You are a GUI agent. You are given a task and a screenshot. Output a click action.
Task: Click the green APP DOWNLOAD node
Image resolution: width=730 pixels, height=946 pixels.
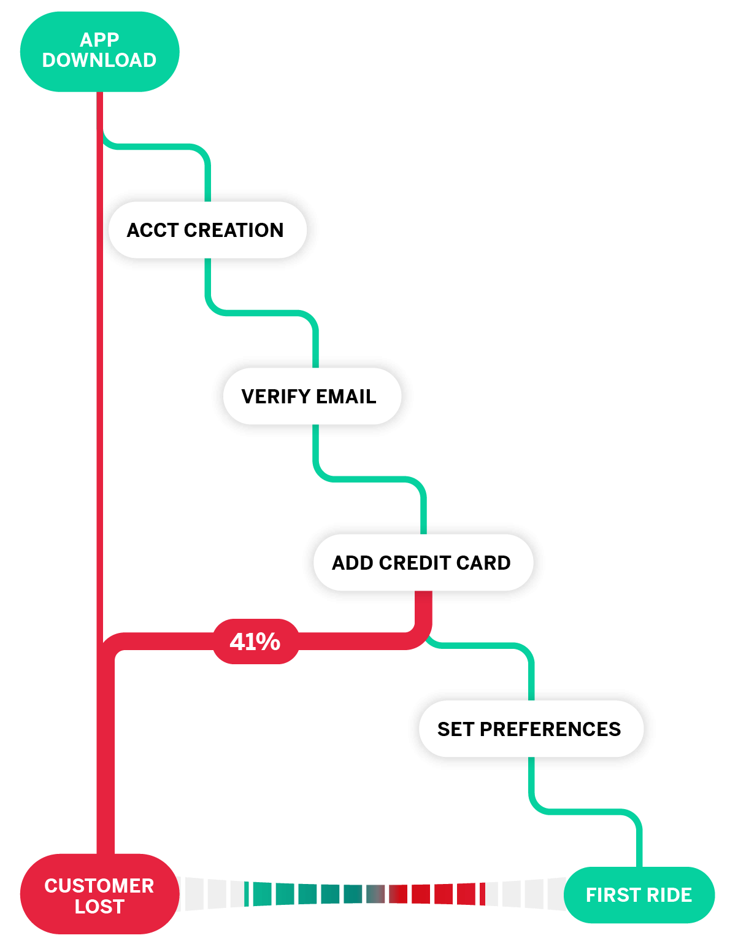pyautogui.click(x=99, y=52)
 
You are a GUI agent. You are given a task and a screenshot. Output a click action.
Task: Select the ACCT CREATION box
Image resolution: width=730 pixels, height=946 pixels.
pyautogui.click(x=207, y=230)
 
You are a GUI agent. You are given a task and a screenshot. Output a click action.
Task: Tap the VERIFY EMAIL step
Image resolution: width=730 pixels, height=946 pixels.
pyautogui.click(x=312, y=396)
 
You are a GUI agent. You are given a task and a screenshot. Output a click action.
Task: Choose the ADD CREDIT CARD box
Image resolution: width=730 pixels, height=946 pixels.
pyautogui.click(x=423, y=562)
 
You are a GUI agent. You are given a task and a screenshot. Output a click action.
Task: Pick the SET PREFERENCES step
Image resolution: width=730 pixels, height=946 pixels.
pyautogui.click(x=531, y=729)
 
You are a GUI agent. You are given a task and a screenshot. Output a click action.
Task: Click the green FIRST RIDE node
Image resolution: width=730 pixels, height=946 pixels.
pyautogui.click(x=639, y=895)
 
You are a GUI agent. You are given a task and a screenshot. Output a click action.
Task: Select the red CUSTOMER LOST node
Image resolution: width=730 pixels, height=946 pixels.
pyautogui.click(x=99, y=894)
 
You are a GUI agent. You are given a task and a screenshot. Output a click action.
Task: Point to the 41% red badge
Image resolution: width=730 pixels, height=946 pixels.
pyautogui.click(x=256, y=642)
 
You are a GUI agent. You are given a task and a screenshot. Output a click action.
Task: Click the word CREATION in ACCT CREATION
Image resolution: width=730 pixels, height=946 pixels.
pyautogui.click(x=234, y=230)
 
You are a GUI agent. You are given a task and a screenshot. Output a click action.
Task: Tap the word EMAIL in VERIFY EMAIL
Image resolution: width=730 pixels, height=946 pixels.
pyautogui.click(x=346, y=397)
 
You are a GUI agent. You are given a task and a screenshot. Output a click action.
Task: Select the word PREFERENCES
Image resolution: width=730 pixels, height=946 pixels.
pyautogui.click(x=550, y=729)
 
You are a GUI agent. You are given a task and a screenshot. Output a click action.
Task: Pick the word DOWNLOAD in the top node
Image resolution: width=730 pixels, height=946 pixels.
pyautogui.click(x=99, y=60)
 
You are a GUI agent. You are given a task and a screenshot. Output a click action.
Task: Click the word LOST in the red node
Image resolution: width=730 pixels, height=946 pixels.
pyautogui.click(x=99, y=906)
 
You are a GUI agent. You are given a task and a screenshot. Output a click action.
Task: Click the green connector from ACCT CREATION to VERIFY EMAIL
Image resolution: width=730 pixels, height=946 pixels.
pyautogui.click(x=261, y=313)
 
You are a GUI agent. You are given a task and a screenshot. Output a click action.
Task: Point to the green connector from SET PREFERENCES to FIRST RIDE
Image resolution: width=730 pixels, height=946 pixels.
pyautogui.click(x=585, y=812)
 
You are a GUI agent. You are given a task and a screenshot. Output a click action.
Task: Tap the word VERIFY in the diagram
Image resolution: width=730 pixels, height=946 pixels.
pyautogui.click(x=276, y=397)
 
